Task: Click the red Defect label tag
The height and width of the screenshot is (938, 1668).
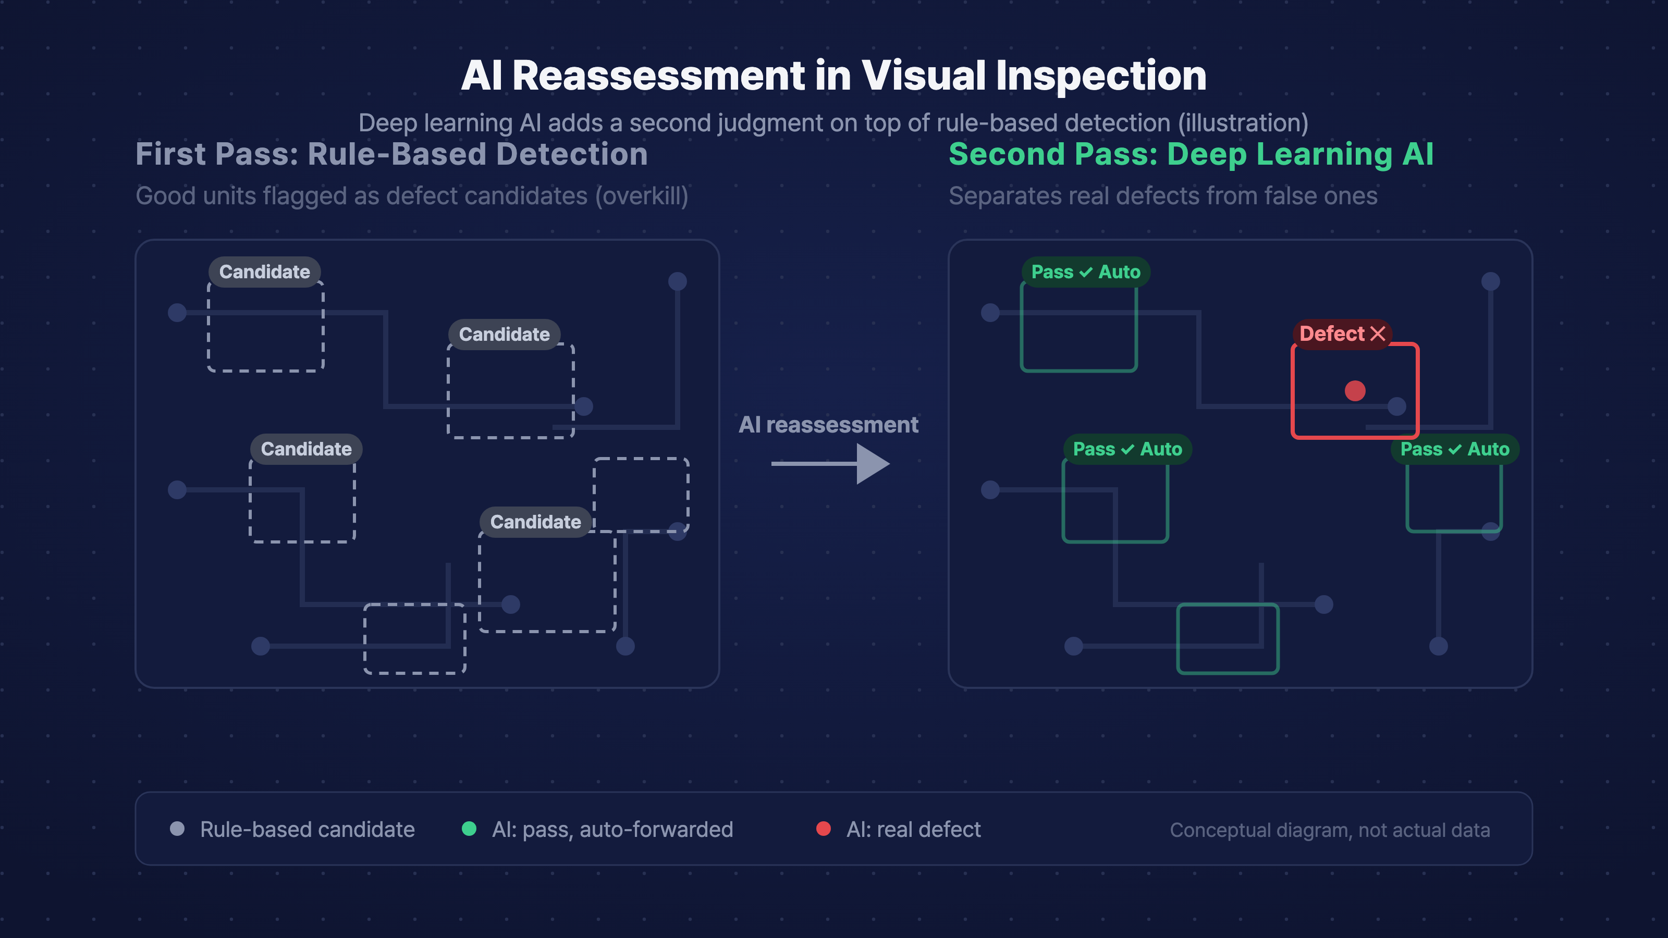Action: (1342, 334)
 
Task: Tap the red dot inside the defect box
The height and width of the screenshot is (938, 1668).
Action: (1355, 390)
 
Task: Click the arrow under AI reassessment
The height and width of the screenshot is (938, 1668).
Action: (830, 463)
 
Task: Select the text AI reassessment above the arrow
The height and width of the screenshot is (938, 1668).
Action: (828, 425)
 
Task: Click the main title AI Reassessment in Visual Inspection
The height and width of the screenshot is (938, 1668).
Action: (833, 75)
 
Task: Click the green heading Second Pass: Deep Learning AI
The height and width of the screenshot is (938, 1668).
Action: (1191, 154)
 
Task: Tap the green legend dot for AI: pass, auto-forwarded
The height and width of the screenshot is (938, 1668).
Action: (469, 829)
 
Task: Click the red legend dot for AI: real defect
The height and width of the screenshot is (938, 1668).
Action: (823, 829)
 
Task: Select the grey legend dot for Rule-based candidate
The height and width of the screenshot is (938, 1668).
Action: (177, 829)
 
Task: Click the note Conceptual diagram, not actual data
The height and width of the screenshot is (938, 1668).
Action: (1330, 830)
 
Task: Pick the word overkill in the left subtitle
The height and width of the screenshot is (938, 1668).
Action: (642, 196)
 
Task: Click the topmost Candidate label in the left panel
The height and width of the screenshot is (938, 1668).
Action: (264, 272)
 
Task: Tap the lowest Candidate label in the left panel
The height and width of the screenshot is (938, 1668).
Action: (535, 522)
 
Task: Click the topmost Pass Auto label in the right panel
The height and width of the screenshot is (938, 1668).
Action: (1086, 272)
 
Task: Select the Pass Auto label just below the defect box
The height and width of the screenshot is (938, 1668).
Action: (1455, 449)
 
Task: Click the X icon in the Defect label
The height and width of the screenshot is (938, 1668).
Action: (1378, 334)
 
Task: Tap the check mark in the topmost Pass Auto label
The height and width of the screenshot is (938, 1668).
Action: (1086, 273)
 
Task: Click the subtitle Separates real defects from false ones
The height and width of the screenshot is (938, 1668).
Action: (1163, 196)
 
